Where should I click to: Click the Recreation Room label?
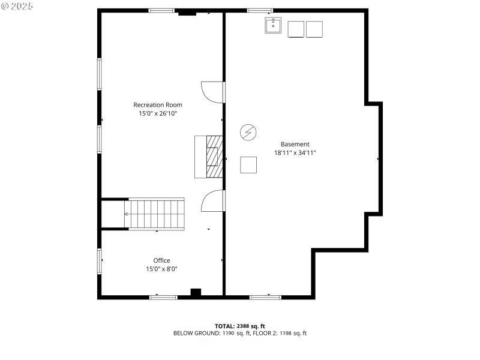coord(158,105)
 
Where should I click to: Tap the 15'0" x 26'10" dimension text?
coord(158,113)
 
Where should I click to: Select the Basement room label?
coord(295,144)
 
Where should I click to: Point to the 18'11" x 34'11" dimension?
coord(295,152)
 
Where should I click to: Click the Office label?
coord(161,260)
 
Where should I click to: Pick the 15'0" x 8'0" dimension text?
coord(161,269)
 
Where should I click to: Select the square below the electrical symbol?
coord(248,164)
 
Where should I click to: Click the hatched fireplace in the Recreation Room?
coord(214,157)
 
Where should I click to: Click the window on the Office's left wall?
coord(100,261)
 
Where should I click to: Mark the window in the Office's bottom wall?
coord(163,296)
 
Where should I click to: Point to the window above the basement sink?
coord(260,10)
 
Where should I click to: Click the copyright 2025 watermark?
coord(17,6)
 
